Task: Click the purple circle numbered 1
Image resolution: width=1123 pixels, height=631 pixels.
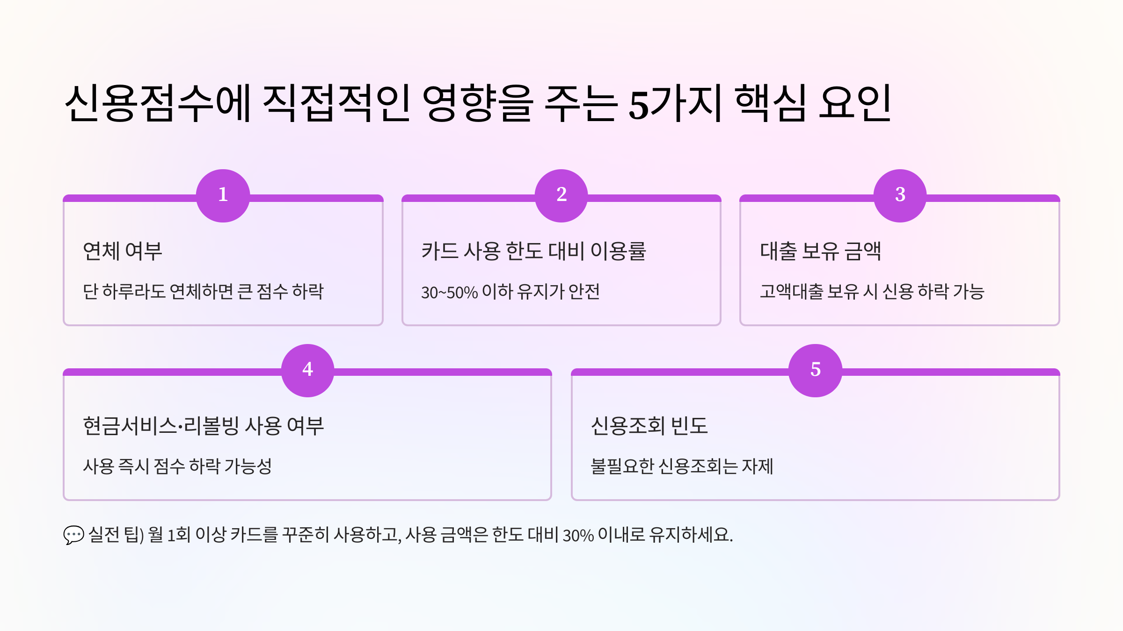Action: click(223, 195)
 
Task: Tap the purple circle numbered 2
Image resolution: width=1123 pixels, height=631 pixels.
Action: click(561, 195)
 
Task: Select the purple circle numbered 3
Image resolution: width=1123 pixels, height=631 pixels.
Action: click(900, 195)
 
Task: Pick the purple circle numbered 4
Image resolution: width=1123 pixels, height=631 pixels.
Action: click(307, 370)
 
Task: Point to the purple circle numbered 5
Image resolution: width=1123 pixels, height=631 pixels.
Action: click(815, 370)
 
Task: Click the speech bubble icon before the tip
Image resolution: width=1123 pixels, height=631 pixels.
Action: click(73, 535)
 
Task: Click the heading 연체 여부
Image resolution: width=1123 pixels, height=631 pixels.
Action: click(123, 251)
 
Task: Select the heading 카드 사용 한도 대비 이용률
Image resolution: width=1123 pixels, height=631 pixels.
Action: click(533, 251)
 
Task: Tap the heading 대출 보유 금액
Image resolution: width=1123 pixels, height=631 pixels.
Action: click(820, 251)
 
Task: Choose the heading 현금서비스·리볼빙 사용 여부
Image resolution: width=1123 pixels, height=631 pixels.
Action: click(203, 426)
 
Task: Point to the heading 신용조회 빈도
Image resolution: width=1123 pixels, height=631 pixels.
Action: click(649, 426)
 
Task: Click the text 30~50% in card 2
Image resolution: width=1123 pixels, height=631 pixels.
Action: click(449, 293)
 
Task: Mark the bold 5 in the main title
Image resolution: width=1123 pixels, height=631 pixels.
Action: click(639, 104)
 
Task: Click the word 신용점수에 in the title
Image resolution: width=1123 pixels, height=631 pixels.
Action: click(158, 103)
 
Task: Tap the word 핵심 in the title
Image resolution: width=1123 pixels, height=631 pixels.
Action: click(771, 103)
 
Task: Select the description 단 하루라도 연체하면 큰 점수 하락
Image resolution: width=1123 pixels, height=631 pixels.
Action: click(203, 292)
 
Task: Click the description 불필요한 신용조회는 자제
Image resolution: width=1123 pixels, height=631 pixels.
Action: click(682, 466)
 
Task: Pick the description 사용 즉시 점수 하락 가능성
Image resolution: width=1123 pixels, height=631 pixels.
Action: click(177, 466)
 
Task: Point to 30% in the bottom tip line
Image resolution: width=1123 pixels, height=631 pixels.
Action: click(578, 535)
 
